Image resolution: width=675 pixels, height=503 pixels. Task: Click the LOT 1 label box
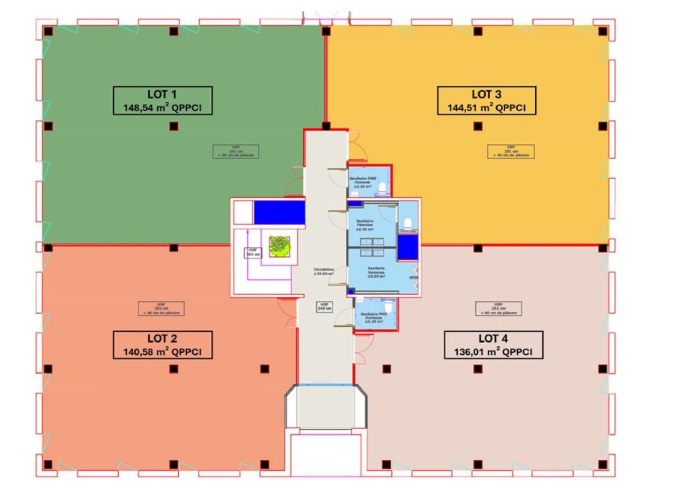tap(162, 101)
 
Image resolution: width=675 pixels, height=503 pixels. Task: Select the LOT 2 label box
tap(162, 345)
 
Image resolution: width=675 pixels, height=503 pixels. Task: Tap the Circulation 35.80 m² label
tap(323, 272)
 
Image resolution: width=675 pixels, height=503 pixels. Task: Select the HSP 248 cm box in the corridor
tap(324, 306)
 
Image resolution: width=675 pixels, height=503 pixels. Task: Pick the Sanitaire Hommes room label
tap(376, 272)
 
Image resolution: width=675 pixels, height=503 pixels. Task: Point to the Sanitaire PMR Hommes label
tap(373, 317)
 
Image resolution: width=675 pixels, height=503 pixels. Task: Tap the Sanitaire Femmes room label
tap(365, 225)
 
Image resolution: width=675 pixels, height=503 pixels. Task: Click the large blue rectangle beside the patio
tap(279, 212)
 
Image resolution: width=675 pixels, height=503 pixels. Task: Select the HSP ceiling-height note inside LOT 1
tap(236, 151)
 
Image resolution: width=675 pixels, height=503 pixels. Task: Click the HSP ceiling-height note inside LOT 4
tap(498, 308)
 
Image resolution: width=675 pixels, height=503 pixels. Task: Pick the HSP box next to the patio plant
tap(253, 253)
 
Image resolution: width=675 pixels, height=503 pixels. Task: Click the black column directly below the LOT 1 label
tap(173, 126)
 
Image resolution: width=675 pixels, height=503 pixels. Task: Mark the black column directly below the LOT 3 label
tap(478, 126)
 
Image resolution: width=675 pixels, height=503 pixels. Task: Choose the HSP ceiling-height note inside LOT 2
tap(161, 308)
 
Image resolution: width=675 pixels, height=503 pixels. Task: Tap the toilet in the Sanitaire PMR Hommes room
tap(389, 306)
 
